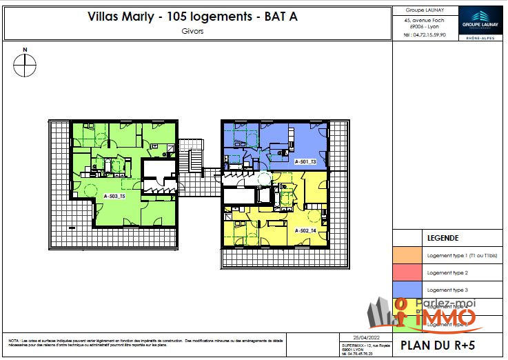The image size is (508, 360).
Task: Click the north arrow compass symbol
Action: pos(25,66)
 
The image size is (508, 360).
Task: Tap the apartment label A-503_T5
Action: pos(114,197)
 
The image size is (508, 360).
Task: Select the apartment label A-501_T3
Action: pos(305,161)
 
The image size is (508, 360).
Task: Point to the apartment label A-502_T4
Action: pos(305,230)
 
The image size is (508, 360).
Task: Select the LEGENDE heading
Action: pos(443,237)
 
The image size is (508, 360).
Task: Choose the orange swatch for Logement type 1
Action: pos(408,255)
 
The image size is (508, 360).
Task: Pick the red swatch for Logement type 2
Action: pos(408,272)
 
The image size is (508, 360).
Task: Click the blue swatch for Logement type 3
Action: pos(408,290)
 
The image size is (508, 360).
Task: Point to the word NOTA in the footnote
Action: pos(13,340)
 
